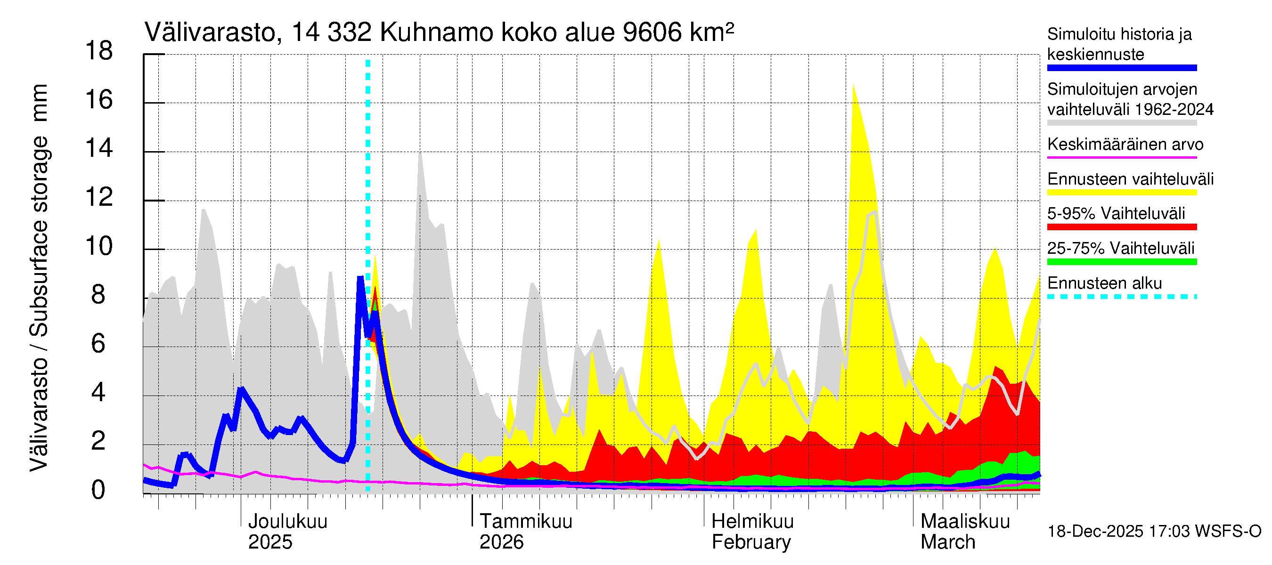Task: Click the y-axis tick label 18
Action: pos(99,51)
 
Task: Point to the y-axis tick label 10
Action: pos(99,246)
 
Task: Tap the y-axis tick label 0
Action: pos(98,490)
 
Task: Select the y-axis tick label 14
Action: pos(99,148)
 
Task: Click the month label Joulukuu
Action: pos(287,521)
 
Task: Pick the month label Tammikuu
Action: pos(526,521)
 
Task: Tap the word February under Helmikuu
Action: pos(751,542)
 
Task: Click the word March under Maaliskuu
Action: pos(947,542)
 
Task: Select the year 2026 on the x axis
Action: pos(501,542)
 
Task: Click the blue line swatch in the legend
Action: pos(1121,68)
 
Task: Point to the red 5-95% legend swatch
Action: pos(1121,227)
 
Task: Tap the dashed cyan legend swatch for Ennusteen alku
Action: pos(1121,297)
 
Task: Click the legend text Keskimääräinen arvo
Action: pos(1125,144)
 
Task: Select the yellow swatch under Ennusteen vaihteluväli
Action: pos(1121,193)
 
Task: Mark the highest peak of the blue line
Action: pos(360,279)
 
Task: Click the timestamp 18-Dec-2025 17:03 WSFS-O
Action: pos(1154,532)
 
